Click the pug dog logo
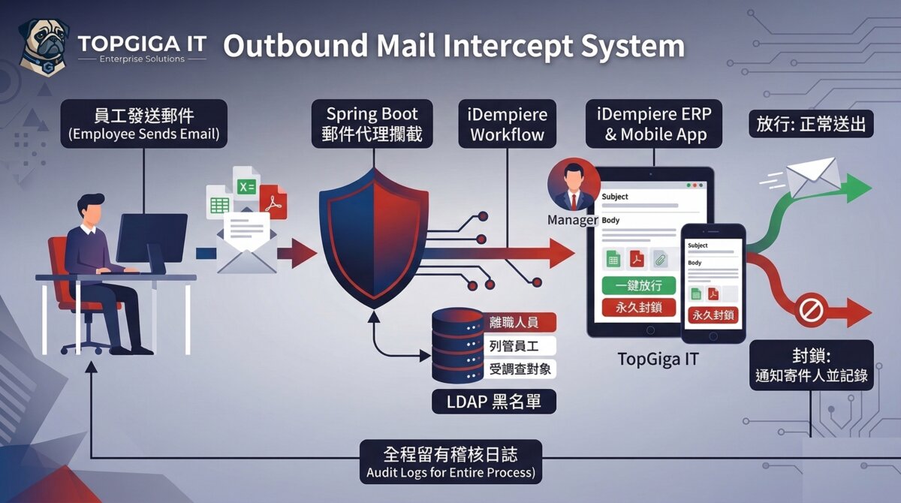[42, 47]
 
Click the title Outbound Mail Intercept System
[454, 46]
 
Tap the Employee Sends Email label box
[143, 124]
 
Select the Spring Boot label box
[372, 124]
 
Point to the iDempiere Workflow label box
[508, 124]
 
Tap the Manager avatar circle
[574, 185]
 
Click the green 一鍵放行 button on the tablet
[639, 286]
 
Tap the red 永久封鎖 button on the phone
[713, 315]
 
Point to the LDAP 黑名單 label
[494, 401]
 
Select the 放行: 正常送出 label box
[812, 124]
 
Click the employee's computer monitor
[152, 236]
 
